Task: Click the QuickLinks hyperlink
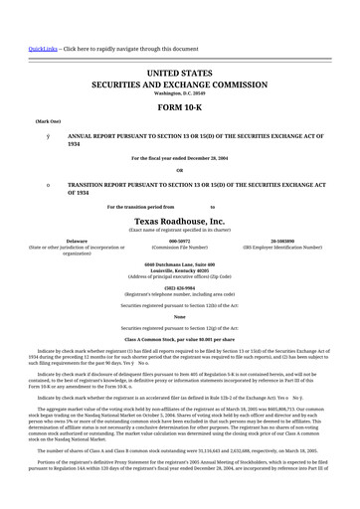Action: pyautogui.click(x=43, y=48)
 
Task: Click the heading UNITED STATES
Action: pyautogui.click(x=179, y=75)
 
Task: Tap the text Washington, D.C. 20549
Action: pyautogui.click(x=179, y=92)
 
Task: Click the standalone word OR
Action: pyautogui.click(x=179, y=170)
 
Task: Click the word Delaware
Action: pyautogui.click(x=76, y=241)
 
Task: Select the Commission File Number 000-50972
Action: pyautogui.click(x=179, y=241)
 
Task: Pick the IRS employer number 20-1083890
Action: pyautogui.click(x=282, y=241)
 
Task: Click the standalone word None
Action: pyautogui.click(x=179, y=316)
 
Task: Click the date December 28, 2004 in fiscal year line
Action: pyautogui.click(x=207, y=157)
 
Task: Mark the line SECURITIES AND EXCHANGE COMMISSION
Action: pyautogui.click(x=179, y=85)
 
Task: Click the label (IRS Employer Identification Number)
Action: pyautogui.click(x=282, y=247)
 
